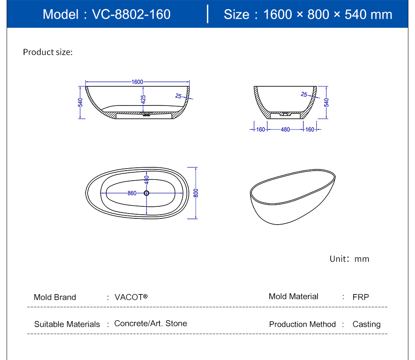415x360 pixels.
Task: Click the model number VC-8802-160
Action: [131, 14]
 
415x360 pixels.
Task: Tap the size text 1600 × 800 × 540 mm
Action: [328, 14]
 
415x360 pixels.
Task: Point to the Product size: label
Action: [48, 52]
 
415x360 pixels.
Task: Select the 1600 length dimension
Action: [137, 82]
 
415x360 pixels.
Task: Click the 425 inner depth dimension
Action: [143, 100]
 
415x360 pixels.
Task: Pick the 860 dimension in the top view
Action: [132, 193]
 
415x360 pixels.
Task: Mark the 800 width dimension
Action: [196, 193]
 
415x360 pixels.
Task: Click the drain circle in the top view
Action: [146, 193]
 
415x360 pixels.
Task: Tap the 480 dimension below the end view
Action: [286, 130]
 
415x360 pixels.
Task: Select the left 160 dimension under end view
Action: [261, 130]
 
